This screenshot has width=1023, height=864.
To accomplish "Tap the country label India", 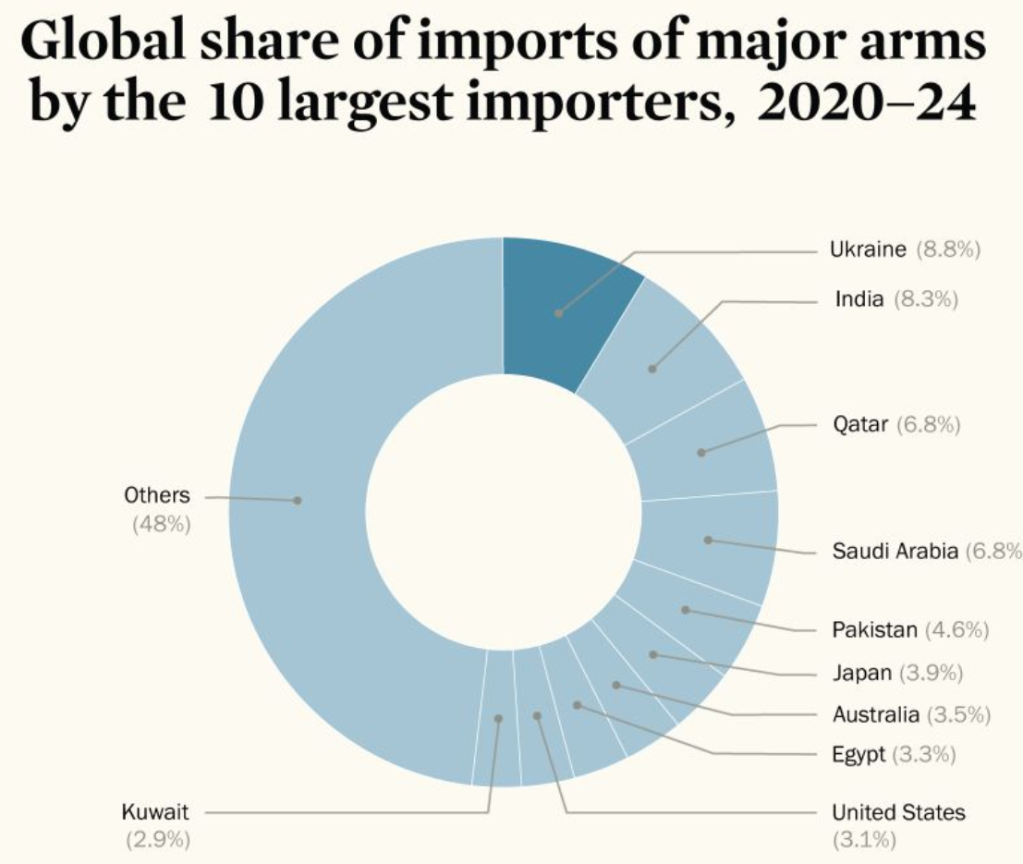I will click(x=859, y=299).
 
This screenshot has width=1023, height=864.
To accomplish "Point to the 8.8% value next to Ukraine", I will click(x=948, y=249).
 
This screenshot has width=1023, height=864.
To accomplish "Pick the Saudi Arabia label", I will click(x=894, y=552).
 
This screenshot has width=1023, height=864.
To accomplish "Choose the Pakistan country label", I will click(x=874, y=630).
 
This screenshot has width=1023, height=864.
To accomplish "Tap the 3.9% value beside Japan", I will click(x=932, y=673).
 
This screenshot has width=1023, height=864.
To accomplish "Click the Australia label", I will click(x=875, y=714).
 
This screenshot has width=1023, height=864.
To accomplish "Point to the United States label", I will click(x=898, y=813).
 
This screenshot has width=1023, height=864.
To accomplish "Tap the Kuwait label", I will click(x=155, y=813).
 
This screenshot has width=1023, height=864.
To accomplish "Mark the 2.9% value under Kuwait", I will click(x=157, y=840).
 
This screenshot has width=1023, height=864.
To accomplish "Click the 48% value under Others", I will click(x=161, y=524).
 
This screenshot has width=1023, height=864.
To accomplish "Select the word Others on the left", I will click(x=157, y=495).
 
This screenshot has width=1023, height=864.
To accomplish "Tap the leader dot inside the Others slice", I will click(x=298, y=500).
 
